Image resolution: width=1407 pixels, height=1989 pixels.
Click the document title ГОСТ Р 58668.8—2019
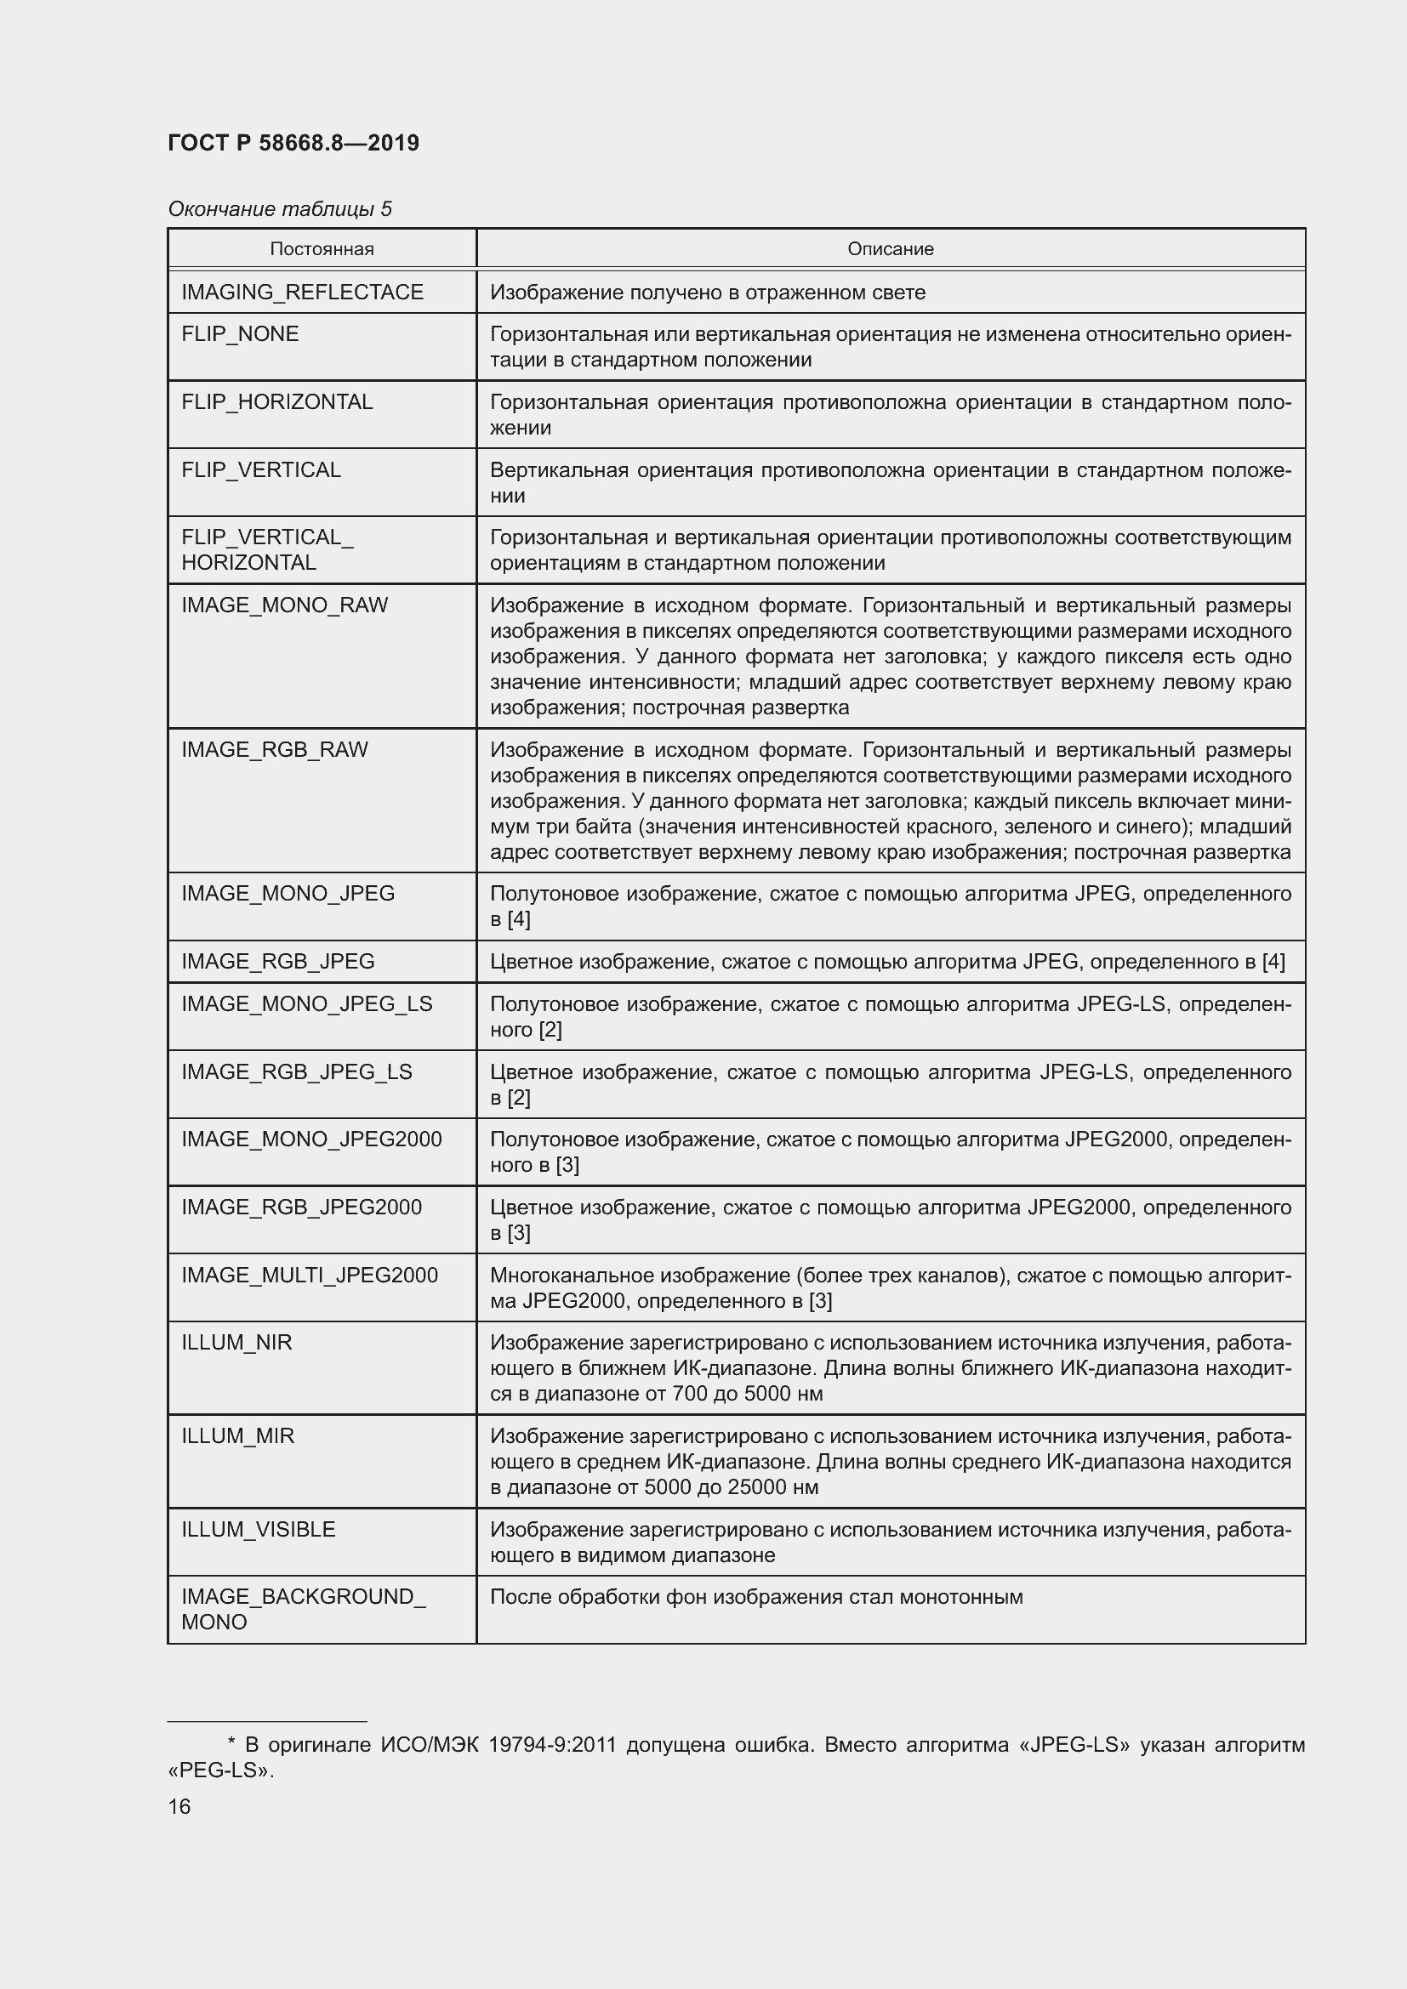click(x=293, y=143)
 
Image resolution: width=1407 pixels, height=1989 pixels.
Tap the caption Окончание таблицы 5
click(x=280, y=209)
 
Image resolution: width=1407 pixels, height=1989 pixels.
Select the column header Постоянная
click(x=322, y=249)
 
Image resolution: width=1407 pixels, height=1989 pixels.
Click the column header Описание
click(x=890, y=249)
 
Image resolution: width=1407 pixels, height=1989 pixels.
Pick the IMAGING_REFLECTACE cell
click(x=302, y=292)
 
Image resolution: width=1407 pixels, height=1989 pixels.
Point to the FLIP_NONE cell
click(x=240, y=334)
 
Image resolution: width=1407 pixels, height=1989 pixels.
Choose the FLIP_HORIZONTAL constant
click(x=277, y=402)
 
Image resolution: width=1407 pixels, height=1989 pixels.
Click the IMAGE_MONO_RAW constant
click(x=284, y=605)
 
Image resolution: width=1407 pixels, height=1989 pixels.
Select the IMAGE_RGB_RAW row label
click(x=275, y=749)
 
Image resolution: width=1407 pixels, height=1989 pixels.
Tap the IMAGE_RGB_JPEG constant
click(x=278, y=962)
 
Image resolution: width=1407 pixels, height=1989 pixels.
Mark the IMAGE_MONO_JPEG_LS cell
click(x=307, y=1004)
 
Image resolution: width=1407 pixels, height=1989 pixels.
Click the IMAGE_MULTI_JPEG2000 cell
click(x=310, y=1276)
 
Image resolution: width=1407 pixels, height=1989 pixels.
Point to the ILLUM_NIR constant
click(x=236, y=1343)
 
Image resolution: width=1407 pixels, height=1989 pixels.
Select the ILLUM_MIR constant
click(x=237, y=1436)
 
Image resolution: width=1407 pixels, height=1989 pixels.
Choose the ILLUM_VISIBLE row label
click(x=259, y=1530)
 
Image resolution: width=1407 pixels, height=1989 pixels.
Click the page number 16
click(x=179, y=1807)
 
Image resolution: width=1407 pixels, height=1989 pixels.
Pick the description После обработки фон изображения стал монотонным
click(x=756, y=1598)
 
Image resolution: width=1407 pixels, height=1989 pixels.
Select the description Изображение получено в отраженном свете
click(x=708, y=293)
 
